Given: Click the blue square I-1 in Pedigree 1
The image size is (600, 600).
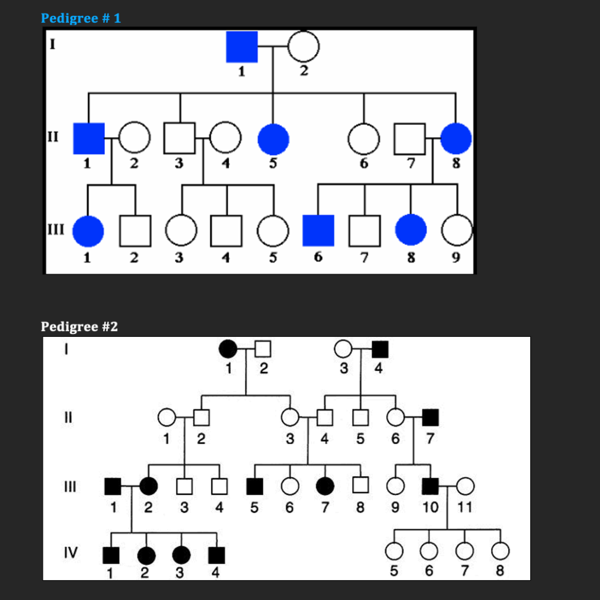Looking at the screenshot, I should coord(242,47).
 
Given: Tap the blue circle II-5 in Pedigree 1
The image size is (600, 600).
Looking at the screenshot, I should coord(273,139).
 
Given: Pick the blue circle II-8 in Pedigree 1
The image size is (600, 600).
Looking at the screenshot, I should coord(456,139).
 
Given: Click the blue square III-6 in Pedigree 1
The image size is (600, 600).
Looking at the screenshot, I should coord(318,230).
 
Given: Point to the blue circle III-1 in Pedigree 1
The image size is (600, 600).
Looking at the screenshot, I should coord(88,231).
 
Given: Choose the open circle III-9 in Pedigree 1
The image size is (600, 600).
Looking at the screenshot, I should coord(457,231).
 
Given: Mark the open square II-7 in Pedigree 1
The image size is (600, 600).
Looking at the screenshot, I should coord(410,139).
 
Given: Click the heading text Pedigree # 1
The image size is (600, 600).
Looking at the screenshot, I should coord(81,18).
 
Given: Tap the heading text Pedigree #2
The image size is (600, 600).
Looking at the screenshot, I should coord(79,326).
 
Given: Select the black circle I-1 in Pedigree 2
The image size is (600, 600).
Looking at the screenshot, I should coord(228,349).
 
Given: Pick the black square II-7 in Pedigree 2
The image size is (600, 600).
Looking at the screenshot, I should coord(431,417).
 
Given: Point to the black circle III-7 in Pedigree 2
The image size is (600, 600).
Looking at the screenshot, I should coord(325,486).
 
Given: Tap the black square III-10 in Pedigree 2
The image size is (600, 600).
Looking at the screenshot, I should coord(431,486).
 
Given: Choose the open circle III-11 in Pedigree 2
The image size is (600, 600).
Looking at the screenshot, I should coord(465,486).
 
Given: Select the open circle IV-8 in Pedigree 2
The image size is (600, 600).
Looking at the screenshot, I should coord(500,551).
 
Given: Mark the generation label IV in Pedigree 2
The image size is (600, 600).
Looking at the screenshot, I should coord(70,552).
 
